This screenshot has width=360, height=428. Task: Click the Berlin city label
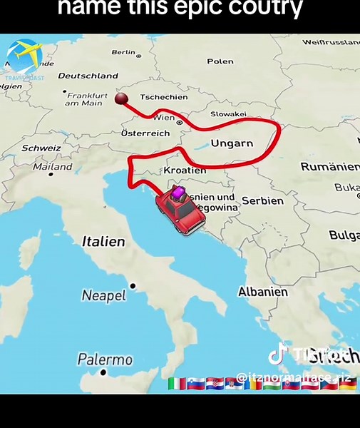[123, 52]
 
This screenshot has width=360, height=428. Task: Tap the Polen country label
[220, 61]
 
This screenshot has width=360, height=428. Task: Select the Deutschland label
[88, 76]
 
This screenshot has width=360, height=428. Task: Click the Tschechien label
[164, 97]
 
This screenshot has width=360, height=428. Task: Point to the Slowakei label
[228, 114]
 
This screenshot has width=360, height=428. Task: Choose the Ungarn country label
[232, 143]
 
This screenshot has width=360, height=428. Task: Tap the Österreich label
[145, 133]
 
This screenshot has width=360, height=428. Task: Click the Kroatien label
[185, 170]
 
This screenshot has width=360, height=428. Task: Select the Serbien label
[262, 200]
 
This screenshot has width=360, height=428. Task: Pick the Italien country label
[103, 242]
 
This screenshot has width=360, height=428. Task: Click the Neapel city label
[103, 295]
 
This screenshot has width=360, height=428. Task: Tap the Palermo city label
[105, 359]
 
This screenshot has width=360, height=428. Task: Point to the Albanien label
[263, 292]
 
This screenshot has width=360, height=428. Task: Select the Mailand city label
[53, 166]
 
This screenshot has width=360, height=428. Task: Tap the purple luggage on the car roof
[177, 192]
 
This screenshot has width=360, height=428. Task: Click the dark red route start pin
[121, 98]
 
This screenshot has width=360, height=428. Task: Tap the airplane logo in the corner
[24, 55]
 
